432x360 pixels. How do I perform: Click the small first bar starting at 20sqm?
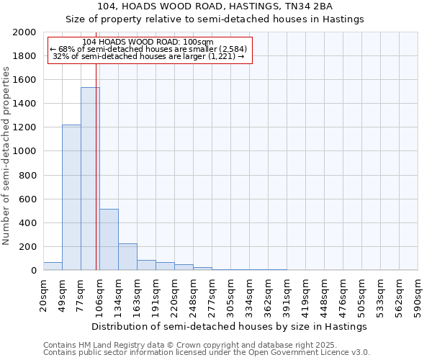pyautogui.click(x=53, y=266)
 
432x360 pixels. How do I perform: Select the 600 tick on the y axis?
pyautogui.click(x=29, y=199)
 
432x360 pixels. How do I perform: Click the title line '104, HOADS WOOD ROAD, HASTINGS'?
pyautogui.click(x=215, y=6)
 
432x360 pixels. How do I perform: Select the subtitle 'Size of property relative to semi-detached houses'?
pyautogui.click(x=215, y=19)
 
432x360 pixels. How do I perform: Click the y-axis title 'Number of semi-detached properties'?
pyautogui.click(x=6, y=156)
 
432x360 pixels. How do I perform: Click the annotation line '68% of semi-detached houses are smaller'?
pyautogui.click(x=149, y=49)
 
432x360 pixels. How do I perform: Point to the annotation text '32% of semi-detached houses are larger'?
pyautogui.click(x=149, y=56)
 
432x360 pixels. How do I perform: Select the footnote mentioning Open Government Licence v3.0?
pyautogui.click(x=207, y=353)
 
